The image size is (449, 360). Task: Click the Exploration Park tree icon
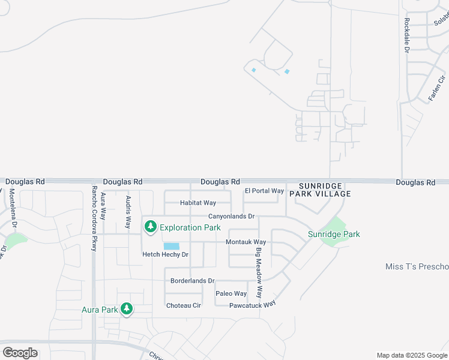(x=150, y=227)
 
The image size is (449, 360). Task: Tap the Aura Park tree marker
(x=126, y=308)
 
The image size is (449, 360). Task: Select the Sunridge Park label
(x=334, y=234)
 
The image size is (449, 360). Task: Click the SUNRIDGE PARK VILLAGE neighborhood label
(x=320, y=190)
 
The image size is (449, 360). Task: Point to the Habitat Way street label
(x=197, y=203)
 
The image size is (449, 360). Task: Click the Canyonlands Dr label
(x=231, y=216)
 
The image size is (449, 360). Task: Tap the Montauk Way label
(x=246, y=242)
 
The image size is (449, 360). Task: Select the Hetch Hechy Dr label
(x=165, y=254)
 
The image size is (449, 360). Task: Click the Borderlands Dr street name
(x=192, y=280)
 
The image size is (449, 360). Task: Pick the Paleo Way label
(x=231, y=293)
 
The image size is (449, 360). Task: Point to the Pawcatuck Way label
(x=252, y=305)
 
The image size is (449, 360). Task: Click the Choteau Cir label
(x=183, y=305)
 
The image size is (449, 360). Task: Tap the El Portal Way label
(x=264, y=191)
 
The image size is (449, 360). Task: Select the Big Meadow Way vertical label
(x=259, y=273)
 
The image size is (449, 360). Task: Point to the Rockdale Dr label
(x=406, y=35)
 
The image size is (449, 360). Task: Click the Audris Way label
(x=127, y=212)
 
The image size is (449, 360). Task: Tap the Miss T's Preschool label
(x=417, y=266)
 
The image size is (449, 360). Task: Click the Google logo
(x=20, y=353)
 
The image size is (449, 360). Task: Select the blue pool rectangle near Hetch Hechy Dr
(x=171, y=246)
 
